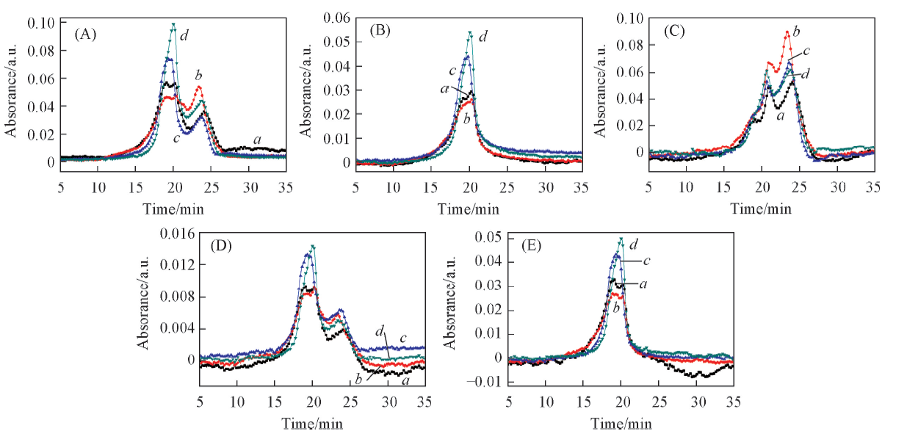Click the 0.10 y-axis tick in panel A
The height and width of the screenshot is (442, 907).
pos(41,22)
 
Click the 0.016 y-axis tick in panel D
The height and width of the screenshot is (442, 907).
pos(178,233)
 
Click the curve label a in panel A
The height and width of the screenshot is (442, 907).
pos(257,139)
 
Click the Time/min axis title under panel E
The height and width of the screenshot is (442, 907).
pos(622,424)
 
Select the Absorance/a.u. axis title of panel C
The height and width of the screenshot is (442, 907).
pos(599,85)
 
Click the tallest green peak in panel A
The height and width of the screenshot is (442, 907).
pos(173,25)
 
